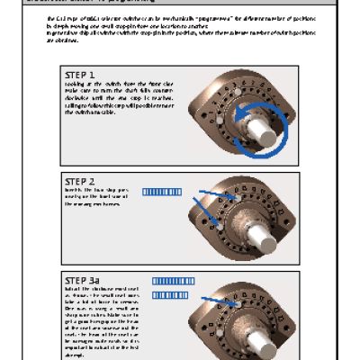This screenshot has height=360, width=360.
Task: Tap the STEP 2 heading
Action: click(x=80, y=180)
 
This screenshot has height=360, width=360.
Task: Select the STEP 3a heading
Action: click(x=83, y=280)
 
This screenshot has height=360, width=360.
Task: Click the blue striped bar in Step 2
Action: click(x=162, y=191)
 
